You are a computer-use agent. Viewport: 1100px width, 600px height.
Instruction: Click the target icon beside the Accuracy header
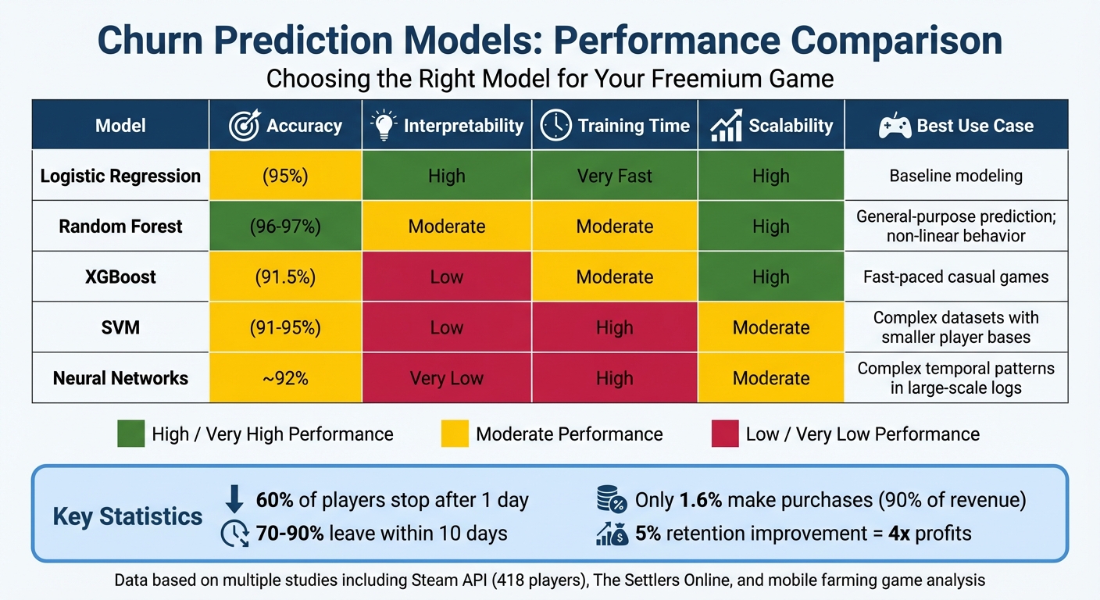pos(245,126)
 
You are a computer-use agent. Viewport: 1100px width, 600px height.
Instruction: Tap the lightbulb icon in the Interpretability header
pos(383,126)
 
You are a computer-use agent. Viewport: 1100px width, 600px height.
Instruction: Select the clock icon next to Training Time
pos(555,126)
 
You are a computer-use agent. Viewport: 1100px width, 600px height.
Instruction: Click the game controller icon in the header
pos(895,126)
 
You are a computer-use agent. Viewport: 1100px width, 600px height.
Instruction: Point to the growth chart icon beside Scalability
pos(726,126)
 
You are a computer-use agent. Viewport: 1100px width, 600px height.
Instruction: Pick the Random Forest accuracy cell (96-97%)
pos(285,227)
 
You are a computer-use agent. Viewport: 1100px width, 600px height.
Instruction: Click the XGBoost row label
pos(120,277)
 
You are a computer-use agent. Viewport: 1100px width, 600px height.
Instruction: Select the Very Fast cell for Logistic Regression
pos(614,176)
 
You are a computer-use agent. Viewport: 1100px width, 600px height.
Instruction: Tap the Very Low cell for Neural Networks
pos(446,378)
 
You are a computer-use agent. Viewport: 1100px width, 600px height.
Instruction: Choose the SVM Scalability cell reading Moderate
pos(770,327)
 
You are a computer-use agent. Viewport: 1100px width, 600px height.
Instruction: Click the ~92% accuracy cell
pos(285,378)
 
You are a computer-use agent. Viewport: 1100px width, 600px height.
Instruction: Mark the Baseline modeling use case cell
pos(955,176)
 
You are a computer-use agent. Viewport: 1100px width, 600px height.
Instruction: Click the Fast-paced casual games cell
pos(955,277)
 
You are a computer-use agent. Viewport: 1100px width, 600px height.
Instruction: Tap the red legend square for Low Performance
pos(724,434)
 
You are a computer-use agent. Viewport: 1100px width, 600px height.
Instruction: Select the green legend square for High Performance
pos(130,434)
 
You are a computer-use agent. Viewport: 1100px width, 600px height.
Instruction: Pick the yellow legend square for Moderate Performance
pos(455,434)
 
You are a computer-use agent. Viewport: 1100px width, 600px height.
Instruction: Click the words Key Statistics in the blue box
pos(127,516)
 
